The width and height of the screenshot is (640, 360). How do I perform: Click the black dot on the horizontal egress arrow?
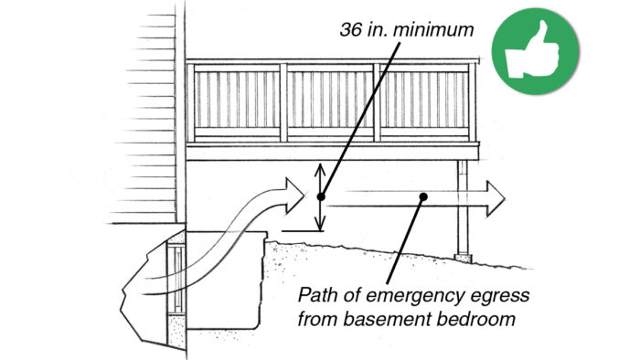pos(422,196)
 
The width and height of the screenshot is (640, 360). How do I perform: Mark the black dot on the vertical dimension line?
pos(320,196)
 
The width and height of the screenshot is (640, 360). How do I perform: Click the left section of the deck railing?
pos(237,101)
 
